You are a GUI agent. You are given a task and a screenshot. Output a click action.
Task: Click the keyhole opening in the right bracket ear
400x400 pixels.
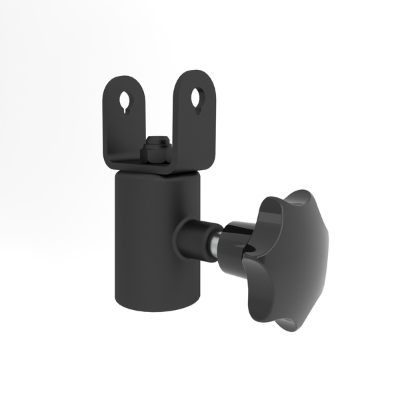197,97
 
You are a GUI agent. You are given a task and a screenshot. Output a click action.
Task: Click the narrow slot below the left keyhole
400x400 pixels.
127,108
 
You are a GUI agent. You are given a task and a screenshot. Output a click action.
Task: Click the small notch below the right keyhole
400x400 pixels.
198,108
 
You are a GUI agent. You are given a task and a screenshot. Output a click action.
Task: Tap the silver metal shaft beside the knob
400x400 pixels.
213,244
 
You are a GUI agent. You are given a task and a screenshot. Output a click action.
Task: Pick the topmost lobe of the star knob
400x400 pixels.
297,200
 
